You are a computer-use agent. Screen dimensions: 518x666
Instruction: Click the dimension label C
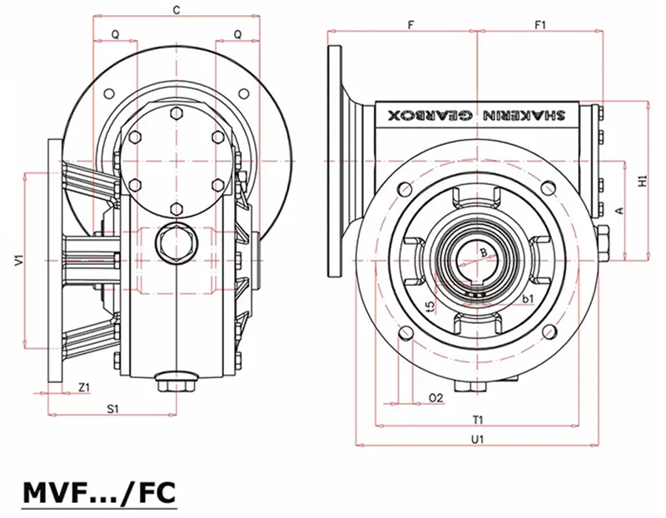(175, 10)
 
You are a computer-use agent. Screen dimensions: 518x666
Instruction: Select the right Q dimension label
(238, 34)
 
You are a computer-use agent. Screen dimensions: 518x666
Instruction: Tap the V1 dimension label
(17, 261)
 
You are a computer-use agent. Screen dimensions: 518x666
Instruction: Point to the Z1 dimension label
(84, 387)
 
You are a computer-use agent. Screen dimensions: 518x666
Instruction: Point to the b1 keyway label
(527, 297)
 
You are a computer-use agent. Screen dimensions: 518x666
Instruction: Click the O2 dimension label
(435, 398)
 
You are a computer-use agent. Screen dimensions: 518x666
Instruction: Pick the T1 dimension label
(478, 419)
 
